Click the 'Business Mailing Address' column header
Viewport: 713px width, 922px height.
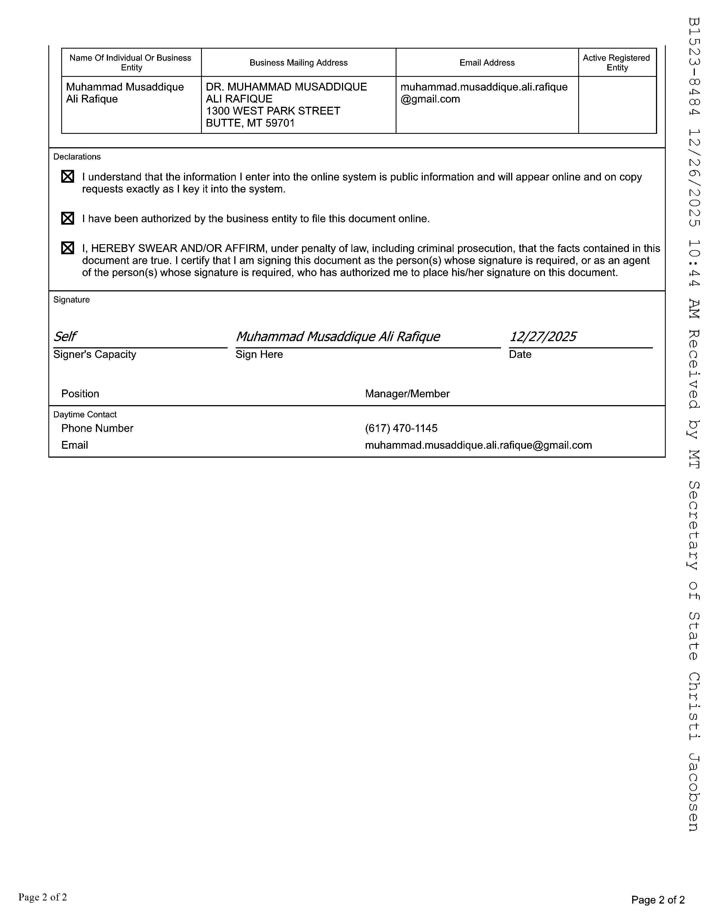pyautogui.click(x=298, y=63)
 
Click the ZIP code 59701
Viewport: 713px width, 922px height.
pyautogui.click(x=280, y=123)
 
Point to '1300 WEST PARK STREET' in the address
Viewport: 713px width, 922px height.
pyautogui.click(x=273, y=111)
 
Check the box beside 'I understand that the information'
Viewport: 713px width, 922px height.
pyautogui.click(x=68, y=177)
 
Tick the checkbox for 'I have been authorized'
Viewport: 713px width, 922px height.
pyautogui.click(x=68, y=218)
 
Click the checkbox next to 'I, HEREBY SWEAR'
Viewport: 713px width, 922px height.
pyautogui.click(x=68, y=248)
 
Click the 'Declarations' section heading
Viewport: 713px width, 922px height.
pyautogui.click(x=77, y=157)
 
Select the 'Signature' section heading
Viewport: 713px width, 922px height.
pyautogui.click(x=71, y=300)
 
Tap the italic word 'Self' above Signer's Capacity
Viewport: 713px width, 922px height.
pyautogui.click(x=65, y=336)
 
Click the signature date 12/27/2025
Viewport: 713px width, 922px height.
pyautogui.click(x=543, y=336)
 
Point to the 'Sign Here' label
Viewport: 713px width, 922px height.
pyautogui.click(x=259, y=354)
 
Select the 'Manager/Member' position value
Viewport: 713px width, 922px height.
pyautogui.click(x=407, y=394)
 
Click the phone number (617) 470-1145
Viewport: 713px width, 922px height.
pyautogui.click(x=401, y=429)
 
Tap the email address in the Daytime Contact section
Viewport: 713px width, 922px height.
pyautogui.click(x=478, y=445)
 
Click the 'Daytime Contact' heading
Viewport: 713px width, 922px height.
pyautogui.click(x=85, y=415)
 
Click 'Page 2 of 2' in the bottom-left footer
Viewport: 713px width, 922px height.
pyautogui.click(x=43, y=897)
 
